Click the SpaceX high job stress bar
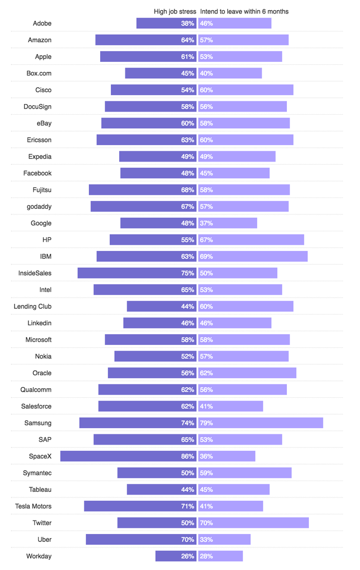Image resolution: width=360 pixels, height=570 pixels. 128,456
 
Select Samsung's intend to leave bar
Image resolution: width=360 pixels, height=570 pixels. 261,423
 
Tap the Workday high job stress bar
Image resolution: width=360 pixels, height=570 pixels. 175,556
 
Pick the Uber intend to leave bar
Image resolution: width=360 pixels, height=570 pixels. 224,540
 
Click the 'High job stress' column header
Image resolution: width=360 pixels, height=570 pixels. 174,11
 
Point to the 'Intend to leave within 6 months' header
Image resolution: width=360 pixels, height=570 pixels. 244,11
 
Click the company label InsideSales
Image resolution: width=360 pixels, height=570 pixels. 35,273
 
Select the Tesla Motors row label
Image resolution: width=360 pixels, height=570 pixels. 33,506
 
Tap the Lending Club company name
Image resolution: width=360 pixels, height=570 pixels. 33,307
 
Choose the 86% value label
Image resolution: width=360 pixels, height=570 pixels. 187,456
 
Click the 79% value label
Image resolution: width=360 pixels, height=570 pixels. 206,423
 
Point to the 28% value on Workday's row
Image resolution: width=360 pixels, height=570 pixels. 206,556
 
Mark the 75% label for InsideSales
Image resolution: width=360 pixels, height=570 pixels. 187,273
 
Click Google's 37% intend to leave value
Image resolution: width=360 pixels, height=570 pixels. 206,223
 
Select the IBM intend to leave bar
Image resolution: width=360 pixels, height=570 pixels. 253,257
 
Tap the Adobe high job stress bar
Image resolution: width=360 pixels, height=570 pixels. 166,23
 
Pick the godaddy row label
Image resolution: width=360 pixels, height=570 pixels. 39,207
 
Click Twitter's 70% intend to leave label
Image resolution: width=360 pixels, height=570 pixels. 206,523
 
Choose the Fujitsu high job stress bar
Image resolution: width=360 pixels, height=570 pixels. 142,190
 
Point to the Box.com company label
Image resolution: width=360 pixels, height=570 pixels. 39,73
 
